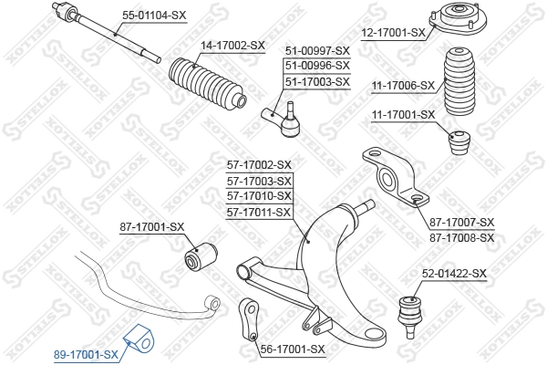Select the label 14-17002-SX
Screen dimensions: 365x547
point(232,45)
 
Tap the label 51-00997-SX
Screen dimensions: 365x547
point(317,51)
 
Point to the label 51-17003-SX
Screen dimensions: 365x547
point(317,82)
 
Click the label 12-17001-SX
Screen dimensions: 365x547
point(393,33)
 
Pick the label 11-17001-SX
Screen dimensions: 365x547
point(402,115)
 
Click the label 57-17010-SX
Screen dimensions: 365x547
point(259,196)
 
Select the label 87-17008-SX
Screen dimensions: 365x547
point(461,237)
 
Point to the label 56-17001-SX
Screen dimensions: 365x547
point(292,349)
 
